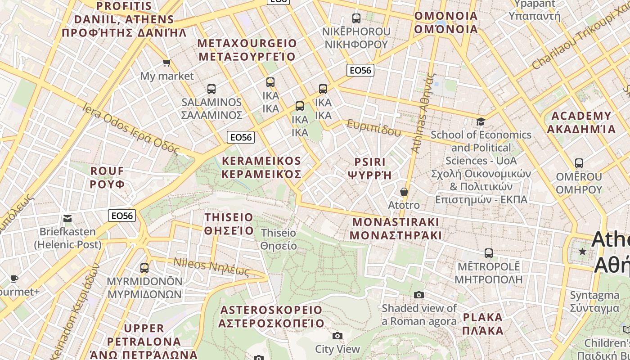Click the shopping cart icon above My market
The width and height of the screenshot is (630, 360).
point(167,63)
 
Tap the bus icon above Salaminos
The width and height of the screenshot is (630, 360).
point(211,89)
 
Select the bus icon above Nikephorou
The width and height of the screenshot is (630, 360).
point(356,18)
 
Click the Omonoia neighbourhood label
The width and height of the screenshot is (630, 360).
point(445,22)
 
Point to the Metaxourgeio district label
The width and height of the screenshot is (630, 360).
point(247,50)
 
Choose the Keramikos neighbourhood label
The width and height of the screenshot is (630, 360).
point(261,167)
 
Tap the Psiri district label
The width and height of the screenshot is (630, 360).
point(370,168)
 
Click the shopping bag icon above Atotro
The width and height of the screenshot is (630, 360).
point(404,192)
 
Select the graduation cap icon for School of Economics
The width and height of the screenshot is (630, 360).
point(481,121)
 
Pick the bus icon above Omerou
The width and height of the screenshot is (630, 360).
point(579,163)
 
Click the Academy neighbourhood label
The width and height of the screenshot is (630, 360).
point(581,122)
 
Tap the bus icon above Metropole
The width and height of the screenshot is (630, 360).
point(489,253)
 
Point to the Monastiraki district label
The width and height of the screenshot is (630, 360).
point(396,229)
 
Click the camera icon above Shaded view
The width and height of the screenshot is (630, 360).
point(419,295)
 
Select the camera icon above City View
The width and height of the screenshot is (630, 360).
point(337,336)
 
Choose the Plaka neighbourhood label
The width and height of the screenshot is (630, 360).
point(483,324)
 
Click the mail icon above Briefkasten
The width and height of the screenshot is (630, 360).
point(67,219)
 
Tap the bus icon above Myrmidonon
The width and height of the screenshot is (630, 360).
point(144,268)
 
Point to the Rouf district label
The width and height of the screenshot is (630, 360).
point(107,177)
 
